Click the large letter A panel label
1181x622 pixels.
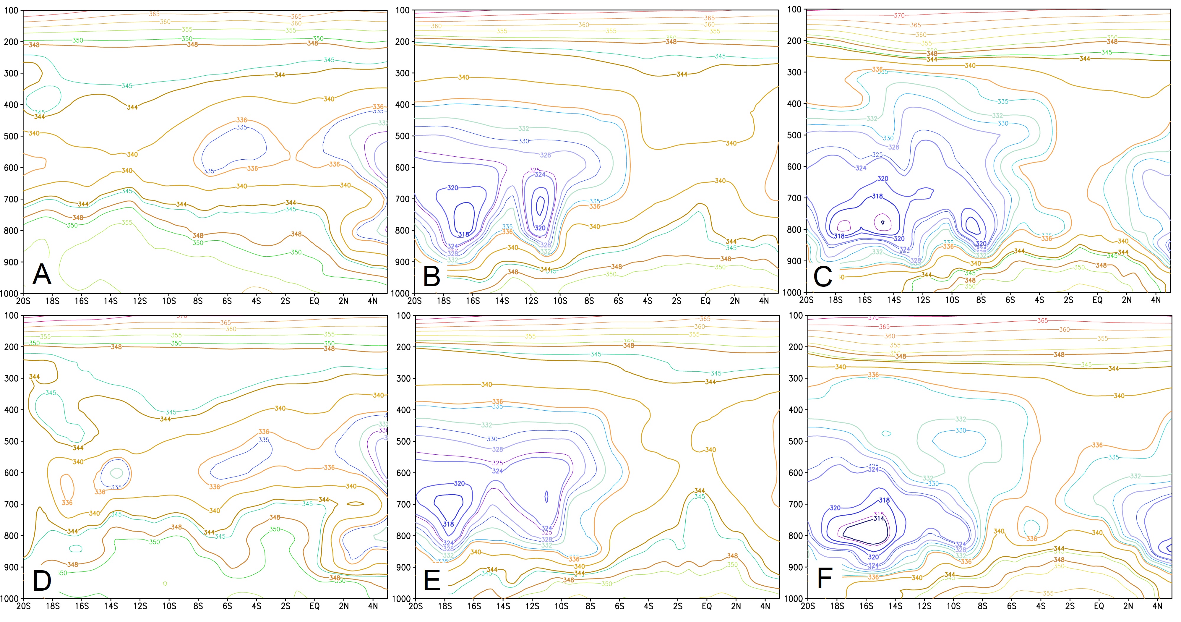(42, 275)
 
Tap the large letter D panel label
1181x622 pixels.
(42, 581)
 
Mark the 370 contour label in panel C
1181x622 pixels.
(899, 16)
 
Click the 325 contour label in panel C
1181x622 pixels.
(877, 155)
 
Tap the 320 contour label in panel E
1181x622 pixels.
(459, 483)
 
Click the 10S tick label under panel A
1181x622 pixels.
(169, 301)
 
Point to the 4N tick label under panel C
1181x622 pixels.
(1155, 300)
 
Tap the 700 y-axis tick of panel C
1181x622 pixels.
(794, 198)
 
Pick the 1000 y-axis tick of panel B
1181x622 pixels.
(401, 293)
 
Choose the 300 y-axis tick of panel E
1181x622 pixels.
(403, 378)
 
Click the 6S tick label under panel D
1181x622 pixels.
(227, 606)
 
